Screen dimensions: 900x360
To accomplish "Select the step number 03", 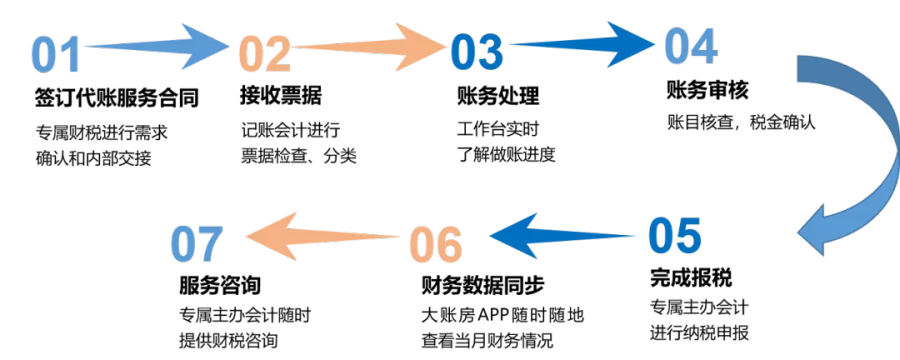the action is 477,51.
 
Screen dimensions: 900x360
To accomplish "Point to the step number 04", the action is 691,46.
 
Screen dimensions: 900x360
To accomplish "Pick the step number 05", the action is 675,235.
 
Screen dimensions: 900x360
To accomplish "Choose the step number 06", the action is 436,243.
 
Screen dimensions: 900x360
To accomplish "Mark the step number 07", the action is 196,243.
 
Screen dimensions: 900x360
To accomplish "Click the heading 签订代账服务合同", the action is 117,97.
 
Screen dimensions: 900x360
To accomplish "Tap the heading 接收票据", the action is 281,96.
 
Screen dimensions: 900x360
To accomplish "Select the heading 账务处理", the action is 498,96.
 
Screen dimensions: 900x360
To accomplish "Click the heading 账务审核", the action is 708,90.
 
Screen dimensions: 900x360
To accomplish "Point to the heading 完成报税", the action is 692,278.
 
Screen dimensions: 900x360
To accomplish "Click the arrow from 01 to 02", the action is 156,45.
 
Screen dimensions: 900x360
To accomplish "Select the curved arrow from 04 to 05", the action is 872,155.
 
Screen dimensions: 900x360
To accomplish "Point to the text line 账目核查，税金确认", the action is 741,123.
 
